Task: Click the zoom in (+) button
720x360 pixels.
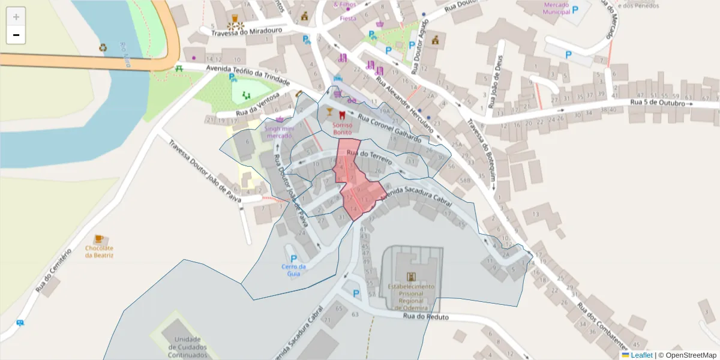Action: (x=16, y=17)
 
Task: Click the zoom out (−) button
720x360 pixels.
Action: (x=16, y=35)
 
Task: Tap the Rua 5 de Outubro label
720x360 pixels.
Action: (x=658, y=103)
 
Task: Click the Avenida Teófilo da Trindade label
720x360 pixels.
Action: (x=248, y=76)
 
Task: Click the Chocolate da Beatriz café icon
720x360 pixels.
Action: (x=99, y=239)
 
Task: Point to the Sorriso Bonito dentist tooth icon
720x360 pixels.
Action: (x=343, y=113)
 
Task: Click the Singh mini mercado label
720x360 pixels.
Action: (x=280, y=132)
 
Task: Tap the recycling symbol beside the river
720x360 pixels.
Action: (x=103, y=47)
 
